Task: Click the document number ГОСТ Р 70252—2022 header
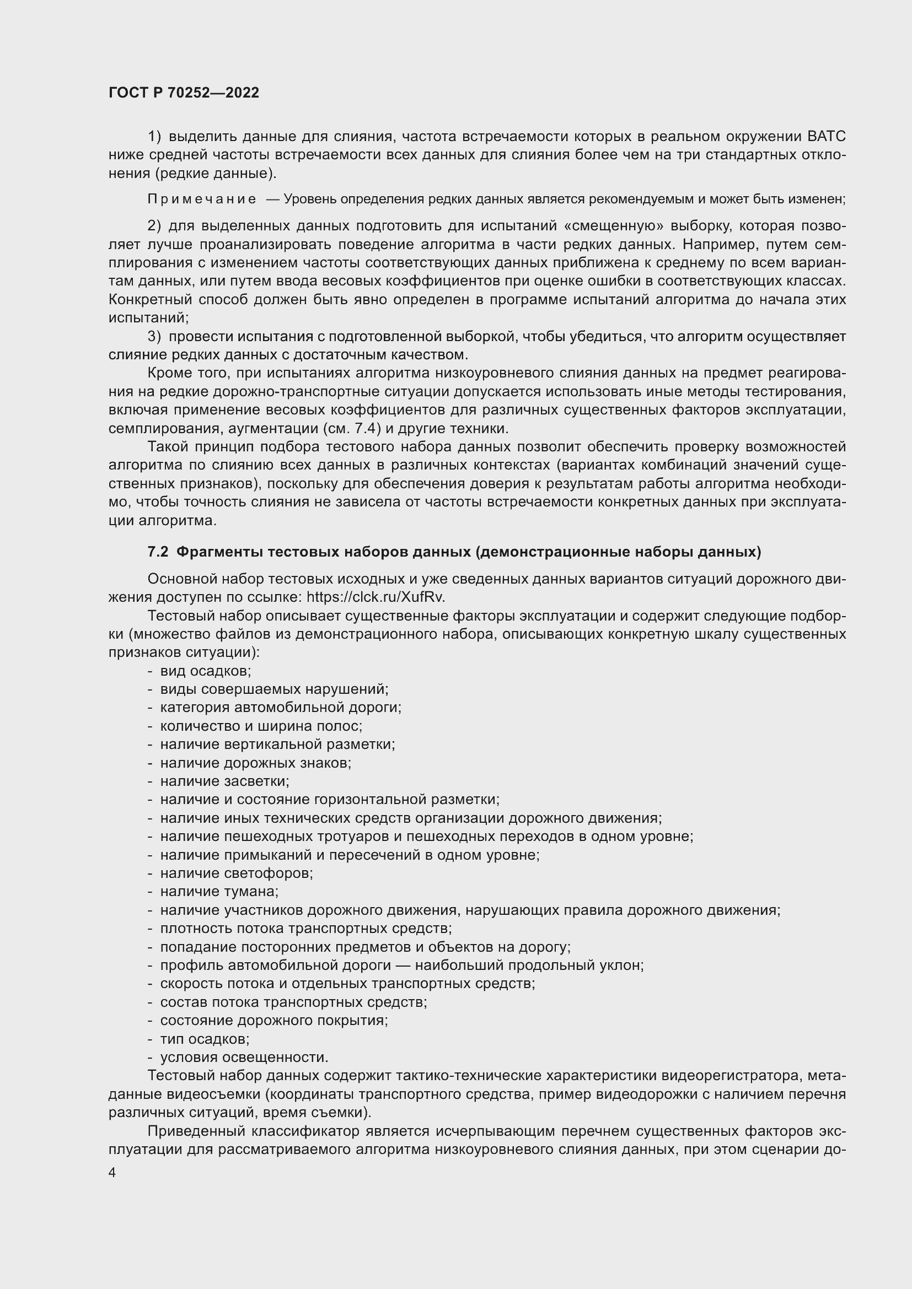184,93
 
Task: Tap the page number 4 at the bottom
112,1172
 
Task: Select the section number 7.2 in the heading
158,552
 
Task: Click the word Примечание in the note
202,199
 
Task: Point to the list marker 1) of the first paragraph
154,137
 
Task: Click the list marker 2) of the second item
154,226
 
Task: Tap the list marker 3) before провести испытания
154,336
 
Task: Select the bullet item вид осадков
206,671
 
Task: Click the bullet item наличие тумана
219,892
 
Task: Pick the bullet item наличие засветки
224,781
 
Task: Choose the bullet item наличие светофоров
237,873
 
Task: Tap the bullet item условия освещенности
244,1057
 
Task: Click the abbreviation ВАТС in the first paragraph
826,137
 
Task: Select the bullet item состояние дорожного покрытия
274,1020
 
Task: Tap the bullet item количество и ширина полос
261,726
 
